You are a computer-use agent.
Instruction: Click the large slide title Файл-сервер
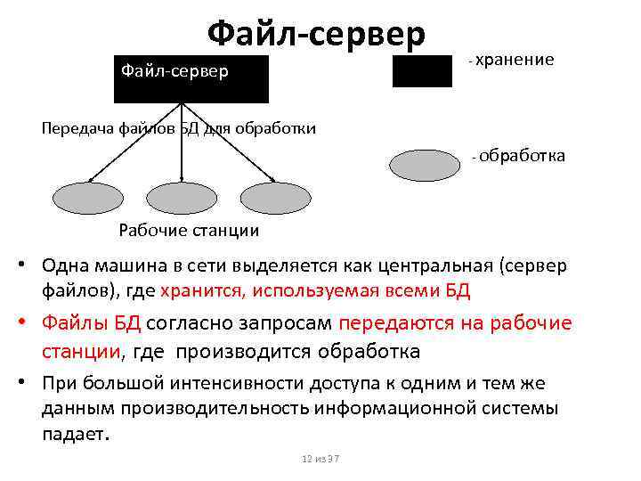[x=316, y=33]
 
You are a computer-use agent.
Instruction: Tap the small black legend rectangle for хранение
[x=422, y=70]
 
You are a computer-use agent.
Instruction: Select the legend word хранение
[x=515, y=60]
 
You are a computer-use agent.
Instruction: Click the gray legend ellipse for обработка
[x=426, y=167]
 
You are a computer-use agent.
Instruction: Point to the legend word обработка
[x=523, y=156]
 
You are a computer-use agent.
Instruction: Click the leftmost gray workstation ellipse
[x=85, y=198]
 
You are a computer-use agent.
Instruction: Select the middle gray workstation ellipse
[x=181, y=198]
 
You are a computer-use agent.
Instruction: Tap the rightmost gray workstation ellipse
[x=276, y=198]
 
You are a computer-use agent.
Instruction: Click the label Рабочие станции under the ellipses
[x=189, y=231]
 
